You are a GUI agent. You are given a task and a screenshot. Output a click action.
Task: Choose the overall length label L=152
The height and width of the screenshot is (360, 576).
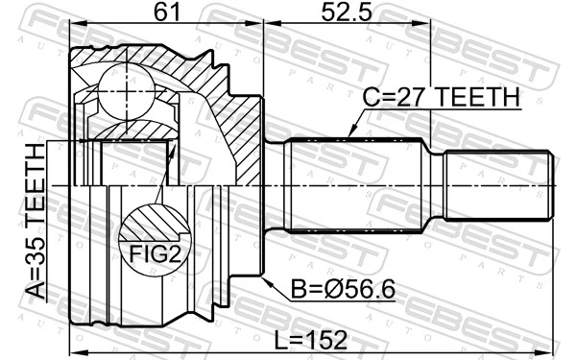[x=311, y=340]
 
